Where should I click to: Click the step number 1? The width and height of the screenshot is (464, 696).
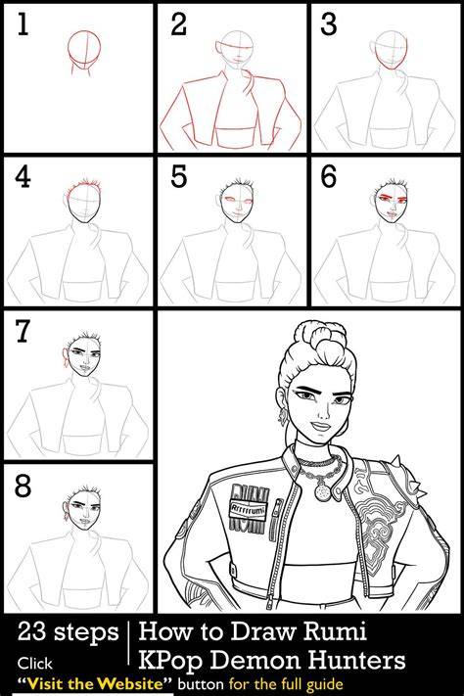pyautogui.click(x=23, y=24)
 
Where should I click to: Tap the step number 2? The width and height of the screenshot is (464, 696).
pyautogui.click(x=178, y=24)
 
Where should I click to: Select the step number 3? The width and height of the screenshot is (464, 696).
pyautogui.click(x=329, y=24)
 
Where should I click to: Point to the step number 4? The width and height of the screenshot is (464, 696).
pyautogui.click(x=23, y=177)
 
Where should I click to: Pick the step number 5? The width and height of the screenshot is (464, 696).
pyautogui.click(x=178, y=176)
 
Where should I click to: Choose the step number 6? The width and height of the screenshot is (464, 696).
pyautogui.click(x=329, y=176)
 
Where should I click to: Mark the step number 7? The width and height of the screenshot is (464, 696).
pyautogui.click(x=23, y=332)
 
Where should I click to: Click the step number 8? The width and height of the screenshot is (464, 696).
pyautogui.click(x=23, y=486)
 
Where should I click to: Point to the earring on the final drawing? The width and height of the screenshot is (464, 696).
pyautogui.click(x=282, y=416)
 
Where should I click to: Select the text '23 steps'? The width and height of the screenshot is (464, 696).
pyautogui.click(x=68, y=632)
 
